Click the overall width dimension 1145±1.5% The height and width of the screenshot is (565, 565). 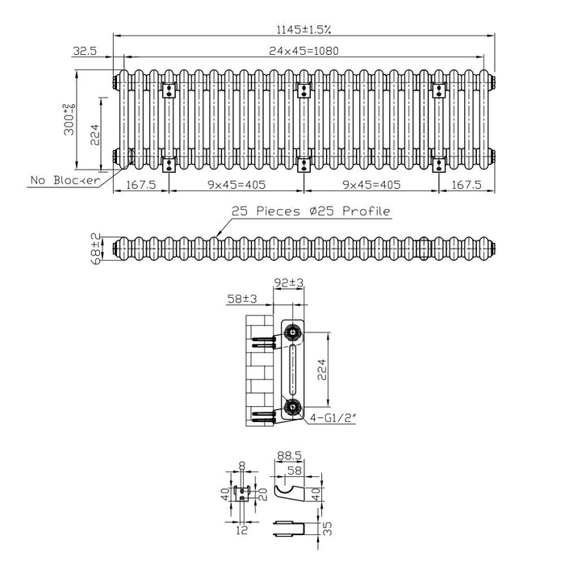(x=303, y=29)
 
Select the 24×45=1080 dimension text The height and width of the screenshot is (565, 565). (x=303, y=51)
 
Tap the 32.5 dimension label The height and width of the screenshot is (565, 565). (x=85, y=51)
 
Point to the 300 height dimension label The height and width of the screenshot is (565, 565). (x=69, y=119)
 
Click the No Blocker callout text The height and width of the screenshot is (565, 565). (x=65, y=180)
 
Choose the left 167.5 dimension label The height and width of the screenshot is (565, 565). (x=141, y=185)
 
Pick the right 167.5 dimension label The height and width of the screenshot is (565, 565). (x=467, y=185)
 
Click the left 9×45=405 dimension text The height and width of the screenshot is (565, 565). (x=236, y=185)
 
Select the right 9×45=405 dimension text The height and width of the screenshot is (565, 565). (x=371, y=185)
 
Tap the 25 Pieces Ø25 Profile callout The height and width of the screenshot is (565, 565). (x=311, y=211)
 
